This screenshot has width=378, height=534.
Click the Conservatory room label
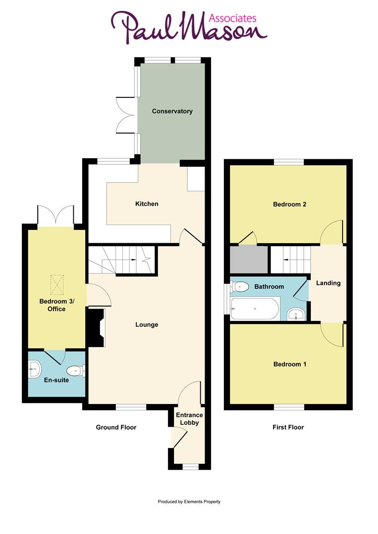172,111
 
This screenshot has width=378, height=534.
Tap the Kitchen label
147,204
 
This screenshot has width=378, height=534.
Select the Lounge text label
147,325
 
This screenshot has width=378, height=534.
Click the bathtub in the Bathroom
255,309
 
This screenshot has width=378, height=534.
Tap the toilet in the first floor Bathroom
240,286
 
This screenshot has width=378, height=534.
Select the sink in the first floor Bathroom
295,314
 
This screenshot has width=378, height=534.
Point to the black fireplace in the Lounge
96,327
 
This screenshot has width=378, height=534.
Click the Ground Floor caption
116,427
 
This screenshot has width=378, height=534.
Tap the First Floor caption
288,427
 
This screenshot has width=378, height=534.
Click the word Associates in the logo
233,18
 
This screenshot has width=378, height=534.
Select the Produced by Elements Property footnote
189,501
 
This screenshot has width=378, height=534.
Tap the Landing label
328,283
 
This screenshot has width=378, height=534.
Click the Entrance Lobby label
189,419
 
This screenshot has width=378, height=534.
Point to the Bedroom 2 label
289,204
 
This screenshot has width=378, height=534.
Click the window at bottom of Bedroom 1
289,407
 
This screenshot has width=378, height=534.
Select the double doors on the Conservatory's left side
125,115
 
